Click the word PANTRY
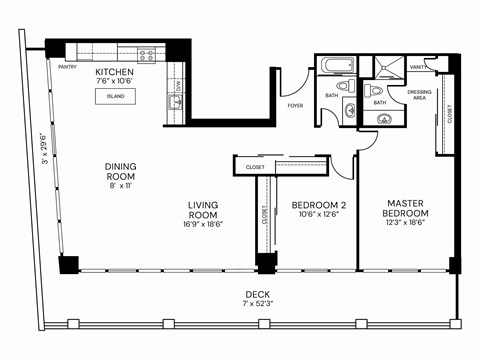tap(68, 67)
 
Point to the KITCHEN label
tap(115, 73)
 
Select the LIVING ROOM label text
tap(203, 211)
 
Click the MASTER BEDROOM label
tap(408, 208)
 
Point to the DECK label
tap(257, 294)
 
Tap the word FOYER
tap(296, 105)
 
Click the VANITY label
tap(418, 68)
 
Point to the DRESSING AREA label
tap(420, 95)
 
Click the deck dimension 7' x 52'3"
tap(257, 303)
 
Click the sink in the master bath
tap(384, 119)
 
